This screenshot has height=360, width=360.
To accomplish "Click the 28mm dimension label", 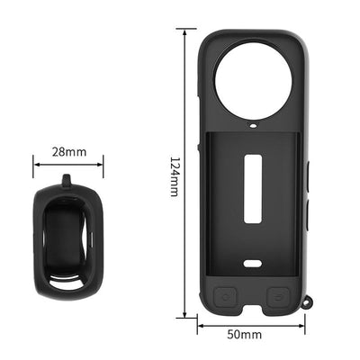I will click(68, 152).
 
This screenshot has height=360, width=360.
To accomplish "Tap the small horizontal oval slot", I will click(252, 264).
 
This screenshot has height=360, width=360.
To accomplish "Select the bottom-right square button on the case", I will click(281, 295).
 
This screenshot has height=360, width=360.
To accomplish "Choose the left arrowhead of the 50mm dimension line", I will click(200, 327).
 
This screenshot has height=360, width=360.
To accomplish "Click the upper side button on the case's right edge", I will click(307, 175).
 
